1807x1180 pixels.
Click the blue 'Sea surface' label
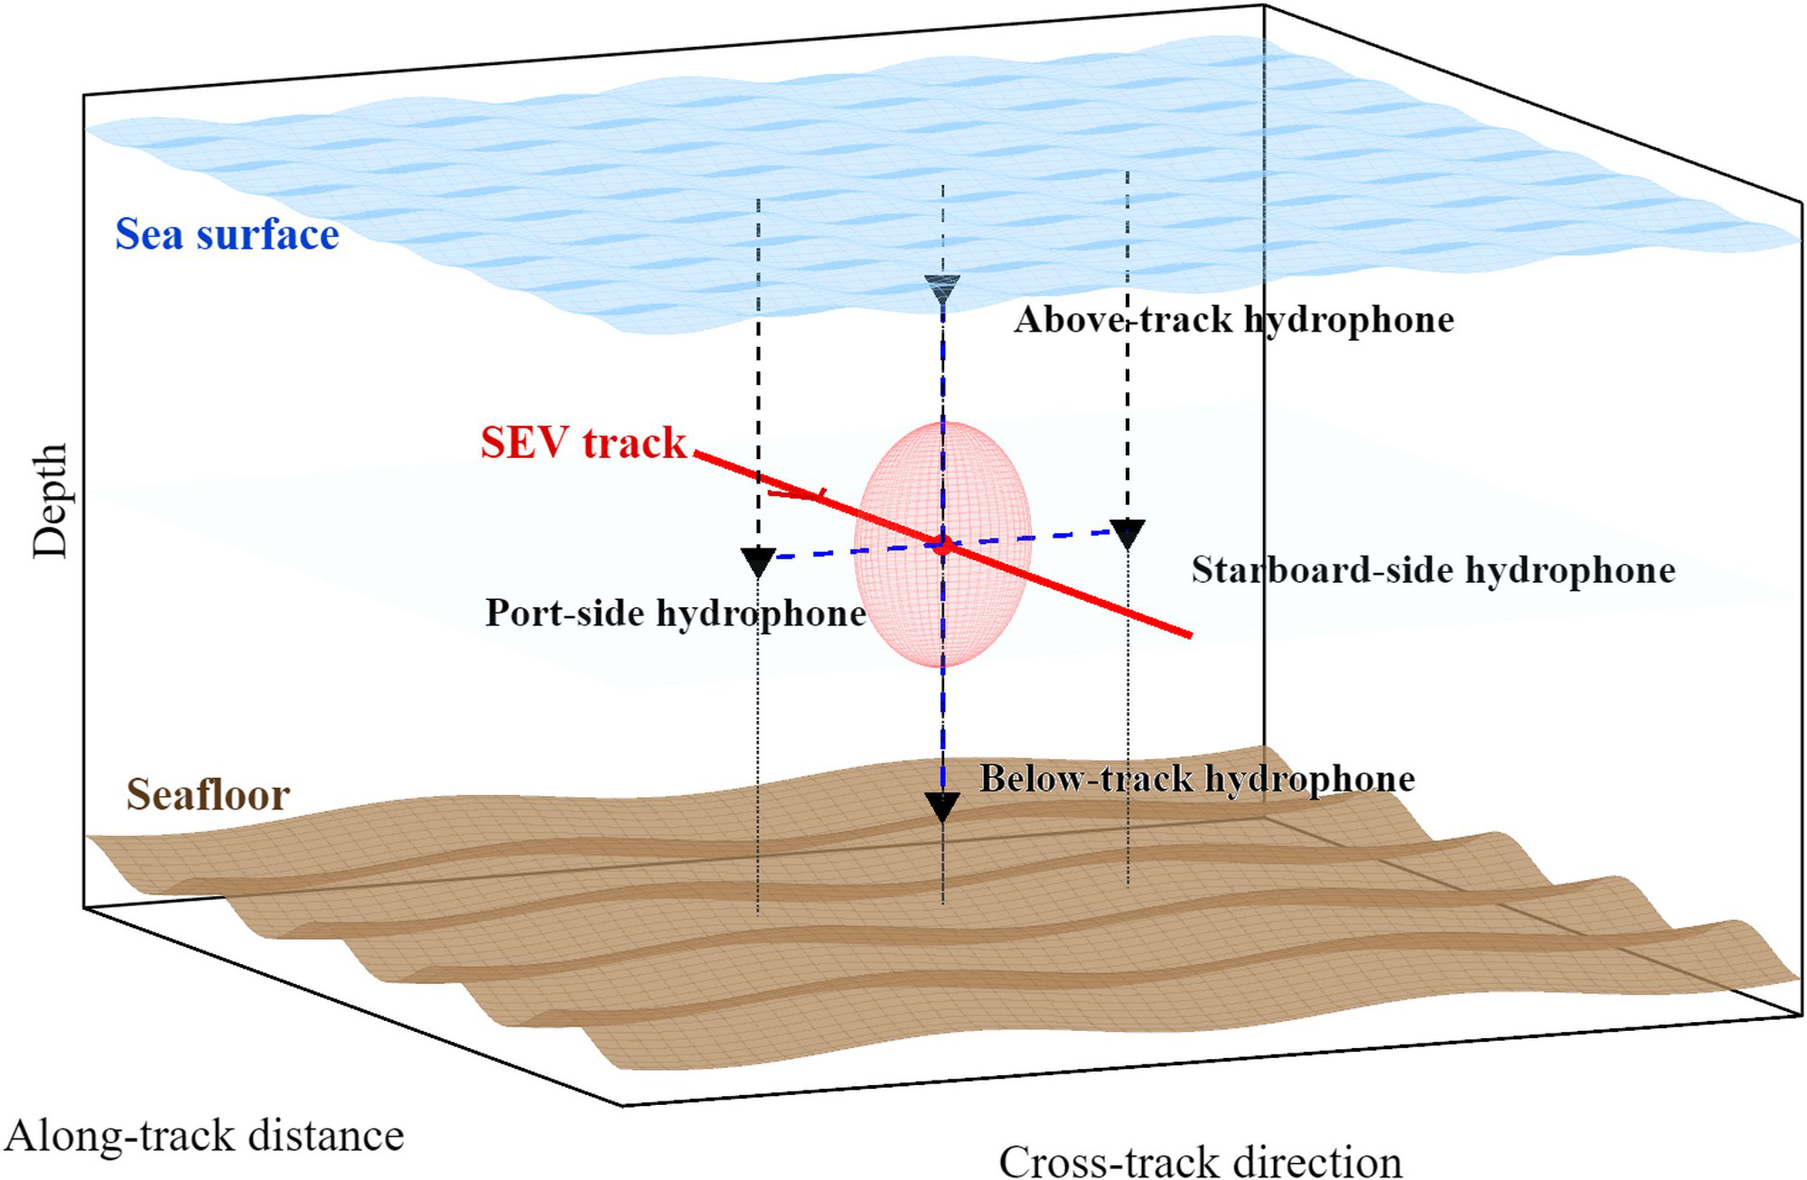tap(227, 234)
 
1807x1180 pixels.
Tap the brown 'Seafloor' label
tap(208, 795)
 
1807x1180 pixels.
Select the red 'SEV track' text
tap(584, 443)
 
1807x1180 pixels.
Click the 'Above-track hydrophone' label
tap(1234, 319)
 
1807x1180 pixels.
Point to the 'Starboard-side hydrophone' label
tap(1434, 570)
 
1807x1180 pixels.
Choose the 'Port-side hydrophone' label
tap(676, 613)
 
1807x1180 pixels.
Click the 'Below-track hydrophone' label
tap(1198, 779)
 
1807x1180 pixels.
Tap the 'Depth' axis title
tap(50, 501)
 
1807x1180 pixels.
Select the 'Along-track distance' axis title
tap(204, 1136)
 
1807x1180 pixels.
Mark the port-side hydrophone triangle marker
tap(758, 562)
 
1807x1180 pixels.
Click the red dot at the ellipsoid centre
tap(943, 545)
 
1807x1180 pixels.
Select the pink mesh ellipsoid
tap(943, 544)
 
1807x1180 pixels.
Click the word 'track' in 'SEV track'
tap(635, 443)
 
